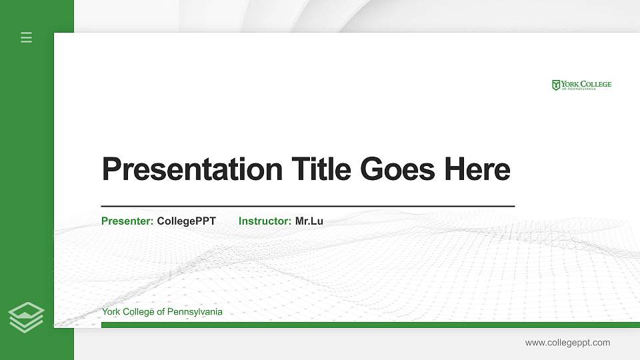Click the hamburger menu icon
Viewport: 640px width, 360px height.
[27, 37]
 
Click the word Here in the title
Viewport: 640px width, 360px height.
[477, 169]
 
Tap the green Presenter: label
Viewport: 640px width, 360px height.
[127, 221]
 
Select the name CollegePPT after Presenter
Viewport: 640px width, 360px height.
[186, 221]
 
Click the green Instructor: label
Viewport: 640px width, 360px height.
[265, 221]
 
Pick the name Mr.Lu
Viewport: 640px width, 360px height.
[309, 221]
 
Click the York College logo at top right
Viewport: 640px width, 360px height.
[581, 85]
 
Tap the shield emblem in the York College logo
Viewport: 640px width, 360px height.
[556, 85]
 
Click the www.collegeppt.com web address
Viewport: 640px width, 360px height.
[567, 343]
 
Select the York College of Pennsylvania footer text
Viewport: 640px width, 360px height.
[162, 312]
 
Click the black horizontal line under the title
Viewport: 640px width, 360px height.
[307, 206]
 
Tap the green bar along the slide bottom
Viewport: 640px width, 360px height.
[370, 325]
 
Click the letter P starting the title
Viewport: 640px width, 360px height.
[110, 169]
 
